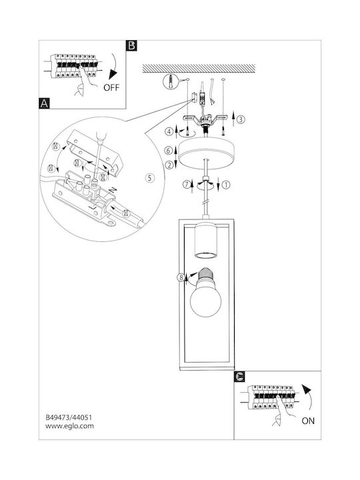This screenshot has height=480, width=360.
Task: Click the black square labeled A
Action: (45, 103)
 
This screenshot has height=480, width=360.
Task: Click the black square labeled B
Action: (131, 45)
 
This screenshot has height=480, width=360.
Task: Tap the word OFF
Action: (111, 87)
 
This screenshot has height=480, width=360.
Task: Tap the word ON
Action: (308, 421)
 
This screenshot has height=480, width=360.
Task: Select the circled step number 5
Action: (149, 178)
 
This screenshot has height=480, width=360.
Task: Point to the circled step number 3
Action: (241, 119)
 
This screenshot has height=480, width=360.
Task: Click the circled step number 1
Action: (226, 185)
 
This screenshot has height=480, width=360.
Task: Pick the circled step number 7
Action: (187, 185)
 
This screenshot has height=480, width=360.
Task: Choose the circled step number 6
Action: (169, 150)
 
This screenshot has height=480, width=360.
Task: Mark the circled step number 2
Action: (169, 165)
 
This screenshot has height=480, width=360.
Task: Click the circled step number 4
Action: (169, 132)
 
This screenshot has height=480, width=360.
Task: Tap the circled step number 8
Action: (181, 277)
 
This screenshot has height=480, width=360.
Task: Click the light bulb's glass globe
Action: (205, 301)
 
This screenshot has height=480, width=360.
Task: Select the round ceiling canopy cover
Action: (206, 153)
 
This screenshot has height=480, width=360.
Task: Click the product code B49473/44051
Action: (69, 417)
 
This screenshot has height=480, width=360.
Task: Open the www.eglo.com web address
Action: (70, 426)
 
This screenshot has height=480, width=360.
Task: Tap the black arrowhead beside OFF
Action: (113, 75)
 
